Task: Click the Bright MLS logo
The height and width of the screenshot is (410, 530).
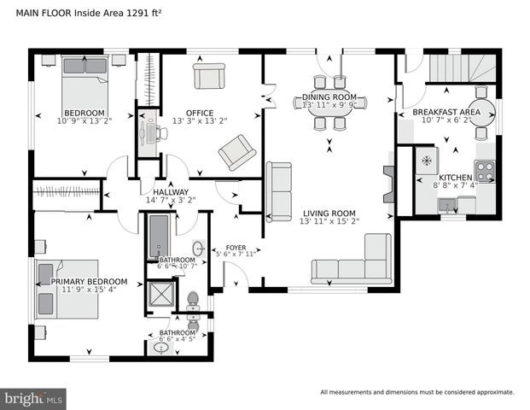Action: [x=33, y=398]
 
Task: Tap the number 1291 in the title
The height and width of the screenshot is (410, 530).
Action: [x=125, y=12]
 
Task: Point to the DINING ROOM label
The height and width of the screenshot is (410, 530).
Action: [x=329, y=97]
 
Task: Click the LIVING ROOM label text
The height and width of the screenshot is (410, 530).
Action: [x=328, y=213]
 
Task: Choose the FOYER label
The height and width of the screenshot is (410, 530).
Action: [x=236, y=247]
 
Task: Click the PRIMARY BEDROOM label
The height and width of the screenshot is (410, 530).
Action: [x=89, y=281]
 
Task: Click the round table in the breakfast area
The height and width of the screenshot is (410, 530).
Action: [x=481, y=112]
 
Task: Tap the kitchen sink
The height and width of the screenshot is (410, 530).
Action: [x=447, y=205]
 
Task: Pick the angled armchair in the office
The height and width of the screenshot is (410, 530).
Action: [x=236, y=152]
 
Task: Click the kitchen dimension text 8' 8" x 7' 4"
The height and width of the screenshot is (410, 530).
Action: [x=455, y=184]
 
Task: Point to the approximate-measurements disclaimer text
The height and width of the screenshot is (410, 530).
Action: [x=416, y=392]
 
